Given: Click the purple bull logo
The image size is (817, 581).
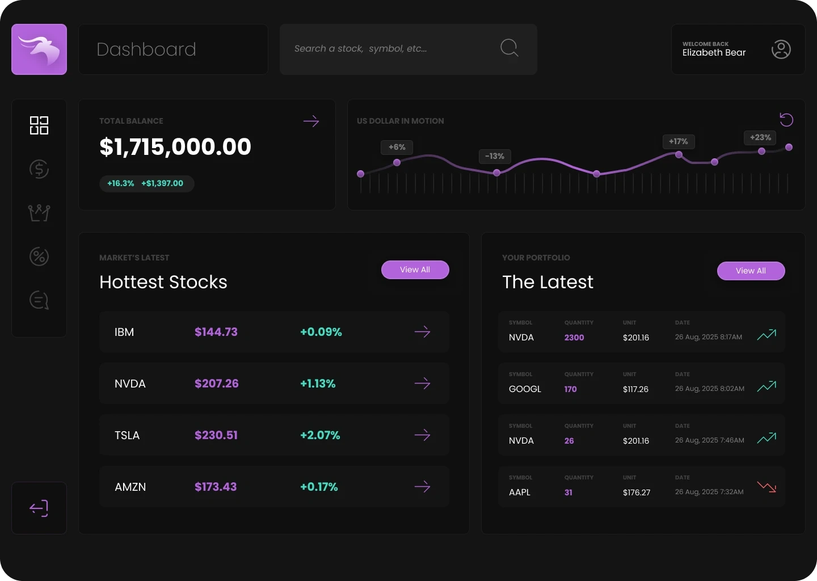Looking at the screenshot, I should pyautogui.click(x=39, y=49).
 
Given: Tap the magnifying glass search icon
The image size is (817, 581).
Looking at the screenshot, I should pyautogui.click(x=509, y=48).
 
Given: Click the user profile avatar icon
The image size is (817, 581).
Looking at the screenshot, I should pyautogui.click(x=781, y=49).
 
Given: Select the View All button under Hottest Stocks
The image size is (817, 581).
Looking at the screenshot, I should pyautogui.click(x=415, y=270).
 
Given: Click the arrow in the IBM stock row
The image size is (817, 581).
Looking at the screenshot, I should pyautogui.click(x=422, y=332).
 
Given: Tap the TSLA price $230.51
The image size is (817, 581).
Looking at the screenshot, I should pyautogui.click(x=216, y=435).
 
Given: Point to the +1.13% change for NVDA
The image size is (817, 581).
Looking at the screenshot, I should pyautogui.click(x=318, y=384).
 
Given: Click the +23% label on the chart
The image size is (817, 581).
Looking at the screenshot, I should pyautogui.click(x=760, y=138).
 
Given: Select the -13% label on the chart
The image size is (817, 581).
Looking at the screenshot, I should pyautogui.click(x=495, y=156).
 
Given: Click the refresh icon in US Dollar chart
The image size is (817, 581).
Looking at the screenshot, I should pyautogui.click(x=786, y=120).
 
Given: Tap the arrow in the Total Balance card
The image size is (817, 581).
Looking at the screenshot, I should pyautogui.click(x=311, y=121).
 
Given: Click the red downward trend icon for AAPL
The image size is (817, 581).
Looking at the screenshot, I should pyautogui.click(x=767, y=487).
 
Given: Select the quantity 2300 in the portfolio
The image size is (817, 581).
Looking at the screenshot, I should pyautogui.click(x=574, y=338).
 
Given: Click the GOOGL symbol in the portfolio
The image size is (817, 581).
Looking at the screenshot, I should pyautogui.click(x=525, y=389).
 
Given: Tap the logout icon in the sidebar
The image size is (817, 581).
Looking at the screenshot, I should pyautogui.click(x=39, y=508).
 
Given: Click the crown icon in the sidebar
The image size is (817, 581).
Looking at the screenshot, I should pyautogui.click(x=39, y=213).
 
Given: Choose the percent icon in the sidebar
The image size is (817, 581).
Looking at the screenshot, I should pyautogui.click(x=39, y=256).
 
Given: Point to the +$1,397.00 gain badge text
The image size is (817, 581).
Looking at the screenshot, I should pyautogui.click(x=162, y=183).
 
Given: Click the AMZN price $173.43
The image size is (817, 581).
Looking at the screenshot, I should pyautogui.click(x=216, y=487).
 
